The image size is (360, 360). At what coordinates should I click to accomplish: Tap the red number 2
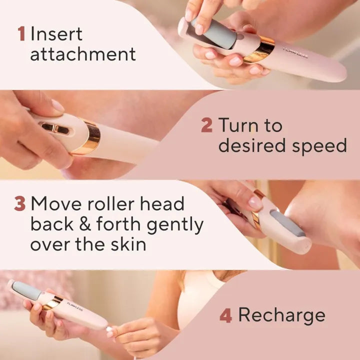[x=206, y=125]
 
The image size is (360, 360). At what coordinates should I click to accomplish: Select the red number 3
[x=20, y=204]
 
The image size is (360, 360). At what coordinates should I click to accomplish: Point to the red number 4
[x=225, y=315]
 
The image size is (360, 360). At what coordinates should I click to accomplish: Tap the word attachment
[x=82, y=54]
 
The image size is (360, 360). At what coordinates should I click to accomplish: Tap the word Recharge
[x=281, y=315]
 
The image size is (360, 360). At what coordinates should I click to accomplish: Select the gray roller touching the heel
[x=287, y=223]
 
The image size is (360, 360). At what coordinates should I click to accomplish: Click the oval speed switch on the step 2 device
[x=55, y=128]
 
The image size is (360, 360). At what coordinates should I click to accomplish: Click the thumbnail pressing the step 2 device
[x=58, y=105]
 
